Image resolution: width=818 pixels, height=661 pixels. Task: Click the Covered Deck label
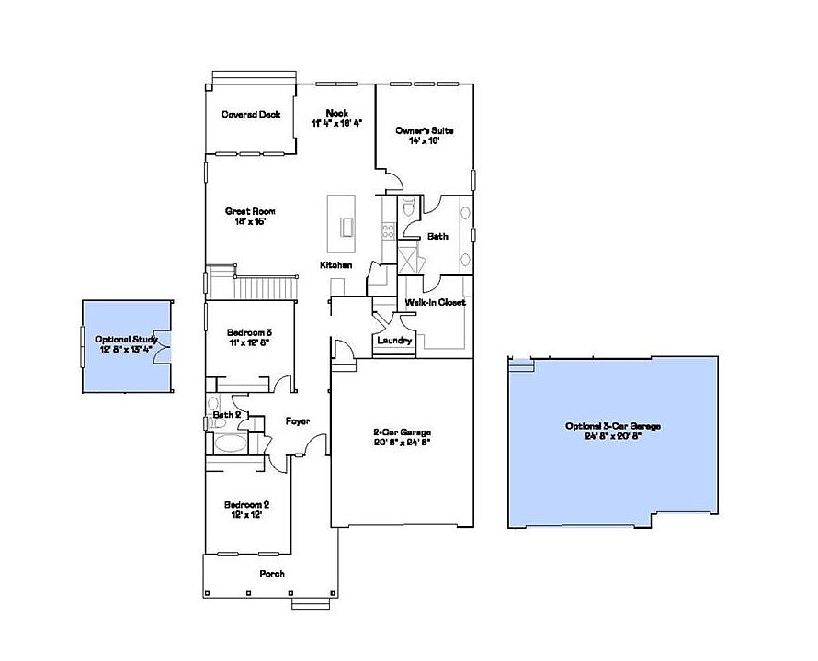[250, 115]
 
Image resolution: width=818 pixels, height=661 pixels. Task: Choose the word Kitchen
[335, 265]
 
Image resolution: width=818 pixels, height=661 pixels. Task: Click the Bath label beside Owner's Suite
[437, 237]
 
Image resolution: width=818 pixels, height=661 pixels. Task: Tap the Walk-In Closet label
[435, 302]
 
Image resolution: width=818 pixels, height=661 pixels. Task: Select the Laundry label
[394, 342]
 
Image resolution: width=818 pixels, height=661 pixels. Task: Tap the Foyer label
[297, 421]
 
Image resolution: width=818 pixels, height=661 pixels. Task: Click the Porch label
[272, 574]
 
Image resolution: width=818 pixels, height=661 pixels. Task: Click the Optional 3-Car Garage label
[614, 431]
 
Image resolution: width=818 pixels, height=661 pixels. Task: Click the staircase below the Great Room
[267, 287]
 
